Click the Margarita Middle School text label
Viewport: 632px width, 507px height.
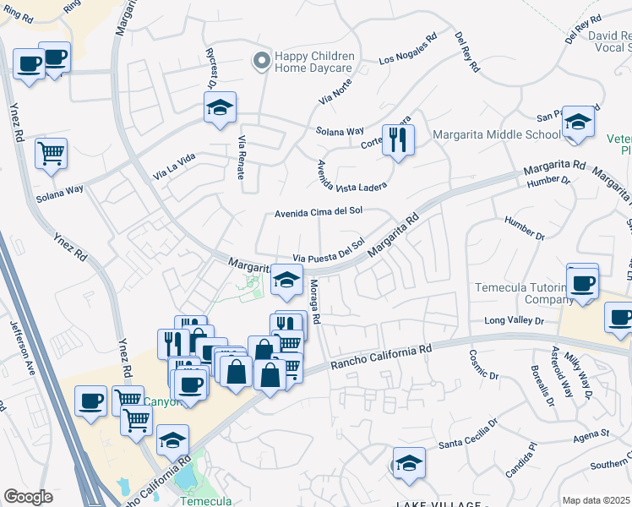point(496,135)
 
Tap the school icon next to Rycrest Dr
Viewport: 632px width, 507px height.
point(220,107)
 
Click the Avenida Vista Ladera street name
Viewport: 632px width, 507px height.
point(351,174)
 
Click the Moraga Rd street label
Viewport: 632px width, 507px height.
point(313,303)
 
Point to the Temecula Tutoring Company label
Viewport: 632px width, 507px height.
point(526,292)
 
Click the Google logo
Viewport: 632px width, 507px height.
point(28,497)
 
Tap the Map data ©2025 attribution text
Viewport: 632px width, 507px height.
point(597,500)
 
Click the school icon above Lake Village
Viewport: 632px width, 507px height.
point(409,464)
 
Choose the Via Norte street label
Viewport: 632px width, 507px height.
point(335,90)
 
